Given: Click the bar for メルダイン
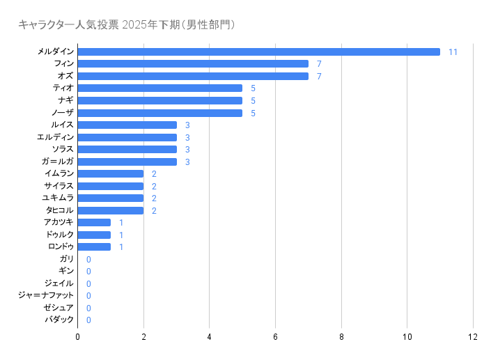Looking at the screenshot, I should [x=258, y=52].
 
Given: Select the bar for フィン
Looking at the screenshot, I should [x=193, y=64].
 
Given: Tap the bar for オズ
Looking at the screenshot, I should [x=193, y=76].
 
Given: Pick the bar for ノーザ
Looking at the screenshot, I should [x=160, y=113].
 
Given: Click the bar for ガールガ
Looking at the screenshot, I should [x=127, y=162].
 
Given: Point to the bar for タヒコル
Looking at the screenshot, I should [x=110, y=210].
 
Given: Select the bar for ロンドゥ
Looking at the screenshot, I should [x=94, y=247].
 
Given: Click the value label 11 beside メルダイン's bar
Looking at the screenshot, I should [x=453, y=52].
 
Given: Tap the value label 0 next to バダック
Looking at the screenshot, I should [x=88, y=320].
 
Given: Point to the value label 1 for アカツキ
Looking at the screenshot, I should [x=121, y=223].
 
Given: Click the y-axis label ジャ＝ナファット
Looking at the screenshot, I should [x=46, y=296].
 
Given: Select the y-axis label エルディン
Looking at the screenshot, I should [x=55, y=137].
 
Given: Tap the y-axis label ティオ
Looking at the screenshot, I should [x=63, y=88].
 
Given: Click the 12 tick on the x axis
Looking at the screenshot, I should [x=473, y=337].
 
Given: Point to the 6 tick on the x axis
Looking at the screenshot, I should [x=275, y=337].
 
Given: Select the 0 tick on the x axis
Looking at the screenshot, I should [x=77, y=337].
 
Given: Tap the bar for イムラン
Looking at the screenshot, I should [x=110, y=174].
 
